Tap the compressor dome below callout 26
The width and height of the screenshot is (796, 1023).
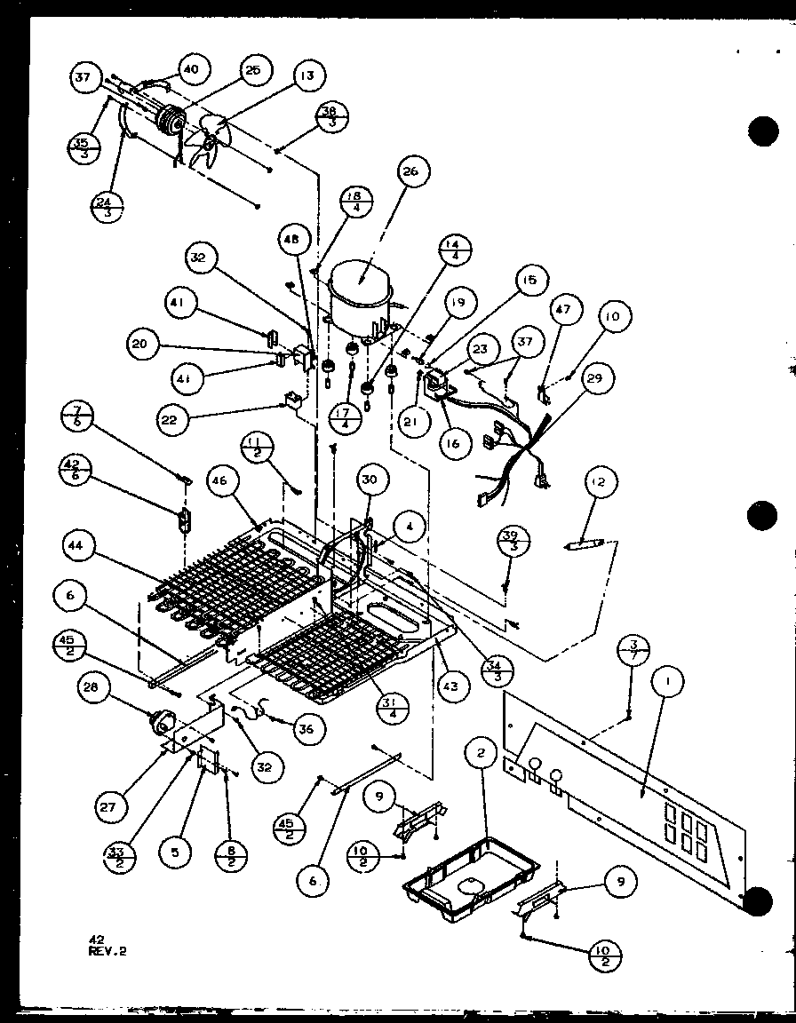361,289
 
